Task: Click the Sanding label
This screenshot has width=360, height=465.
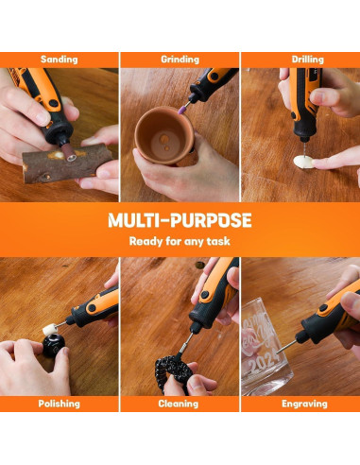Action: coord(59,60)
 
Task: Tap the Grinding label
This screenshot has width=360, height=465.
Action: coord(180,60)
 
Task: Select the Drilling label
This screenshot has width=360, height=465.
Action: coord(308,60)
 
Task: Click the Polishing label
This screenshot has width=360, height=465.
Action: coord(59,404)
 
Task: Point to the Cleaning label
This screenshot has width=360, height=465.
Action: coord(179,404)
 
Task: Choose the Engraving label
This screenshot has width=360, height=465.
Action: coord(304,404)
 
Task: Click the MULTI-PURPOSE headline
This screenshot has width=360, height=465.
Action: coord(180,220)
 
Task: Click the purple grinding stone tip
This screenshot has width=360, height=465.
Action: coord(182,110)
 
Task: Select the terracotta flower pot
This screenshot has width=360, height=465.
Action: coord(163,136)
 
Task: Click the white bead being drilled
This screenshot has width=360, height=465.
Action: coord(302,162)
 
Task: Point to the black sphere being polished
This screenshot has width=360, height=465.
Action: coord(54,345)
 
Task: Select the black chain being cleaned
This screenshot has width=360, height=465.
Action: coord(173,370)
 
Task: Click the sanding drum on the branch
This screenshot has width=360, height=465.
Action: coord(69,153)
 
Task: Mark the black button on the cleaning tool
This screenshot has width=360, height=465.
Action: coord(204,295)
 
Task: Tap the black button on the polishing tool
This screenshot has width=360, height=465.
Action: coord(92,308)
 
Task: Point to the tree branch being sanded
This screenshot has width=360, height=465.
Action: coord(67,164)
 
